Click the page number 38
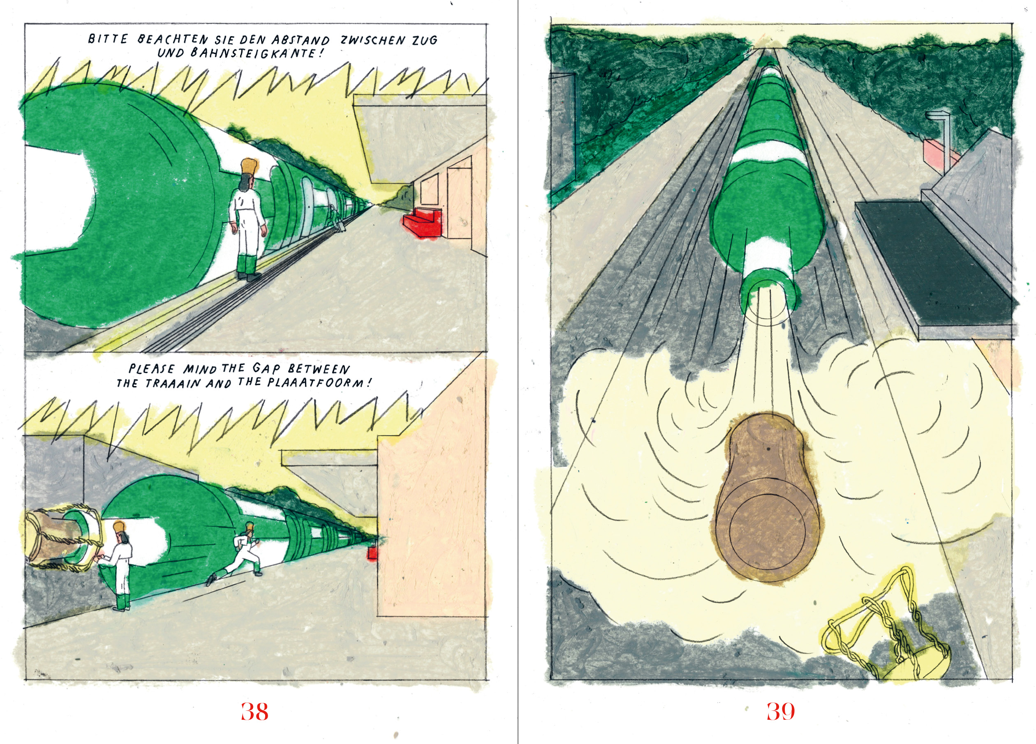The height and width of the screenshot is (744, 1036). coord(254,712)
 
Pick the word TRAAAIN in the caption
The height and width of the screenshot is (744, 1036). coord(173,383)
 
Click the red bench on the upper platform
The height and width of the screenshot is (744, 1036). coord(422,223)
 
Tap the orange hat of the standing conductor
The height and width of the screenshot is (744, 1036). coord(248,168)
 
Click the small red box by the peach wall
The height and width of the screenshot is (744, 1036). coord(372,553)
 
